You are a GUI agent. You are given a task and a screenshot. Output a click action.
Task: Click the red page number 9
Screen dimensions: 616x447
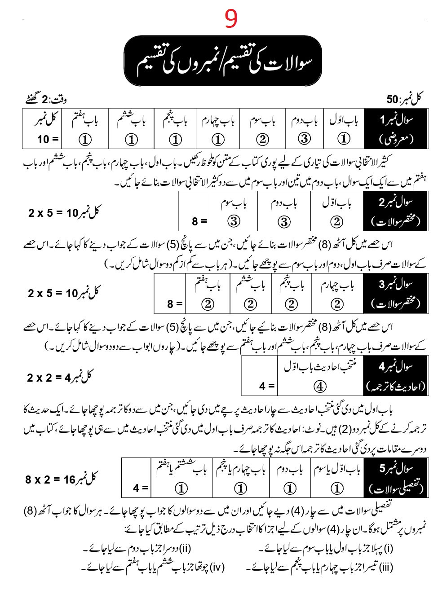[x=231, y=19]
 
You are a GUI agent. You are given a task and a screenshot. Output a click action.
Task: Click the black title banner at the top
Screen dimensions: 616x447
[x=223, y=61]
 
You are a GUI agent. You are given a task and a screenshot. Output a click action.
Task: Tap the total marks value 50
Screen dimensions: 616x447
[x=392, y=99]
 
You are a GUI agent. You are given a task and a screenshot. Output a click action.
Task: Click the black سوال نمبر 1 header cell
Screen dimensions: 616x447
[x=396, y=128]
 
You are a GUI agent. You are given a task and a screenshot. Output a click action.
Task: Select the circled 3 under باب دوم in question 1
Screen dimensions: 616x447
[x=304, y=139]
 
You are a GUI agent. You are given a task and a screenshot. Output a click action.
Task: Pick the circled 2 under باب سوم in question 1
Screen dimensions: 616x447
[x=263, y=139]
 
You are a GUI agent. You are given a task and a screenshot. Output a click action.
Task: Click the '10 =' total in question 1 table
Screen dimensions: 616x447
[x=48, y=140]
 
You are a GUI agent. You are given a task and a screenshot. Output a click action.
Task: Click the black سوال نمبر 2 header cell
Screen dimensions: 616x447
[x=396, y=211]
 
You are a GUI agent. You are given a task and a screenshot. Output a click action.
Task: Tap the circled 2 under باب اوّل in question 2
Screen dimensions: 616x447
[x=336, y=221]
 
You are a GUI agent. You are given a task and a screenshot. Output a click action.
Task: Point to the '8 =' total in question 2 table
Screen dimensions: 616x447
[x=199, y=221]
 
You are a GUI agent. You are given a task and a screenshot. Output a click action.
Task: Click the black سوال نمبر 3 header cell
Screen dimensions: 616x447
[x=396, y=293]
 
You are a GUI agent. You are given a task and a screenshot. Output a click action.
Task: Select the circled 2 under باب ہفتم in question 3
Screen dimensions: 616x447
[x=208, y=304]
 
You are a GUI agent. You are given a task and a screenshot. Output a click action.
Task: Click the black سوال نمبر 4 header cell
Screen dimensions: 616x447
[x=396, y=375]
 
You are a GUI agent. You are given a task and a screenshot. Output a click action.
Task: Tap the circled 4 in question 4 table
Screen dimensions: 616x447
[x=319, y=386]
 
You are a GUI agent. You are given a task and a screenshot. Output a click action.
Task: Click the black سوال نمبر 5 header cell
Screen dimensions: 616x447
[x=396, y=478]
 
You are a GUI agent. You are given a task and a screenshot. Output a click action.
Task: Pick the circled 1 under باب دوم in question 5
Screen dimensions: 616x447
[x=290, y=488]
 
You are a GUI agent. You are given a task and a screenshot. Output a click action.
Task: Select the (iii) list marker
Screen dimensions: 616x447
[x=386, y=568]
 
